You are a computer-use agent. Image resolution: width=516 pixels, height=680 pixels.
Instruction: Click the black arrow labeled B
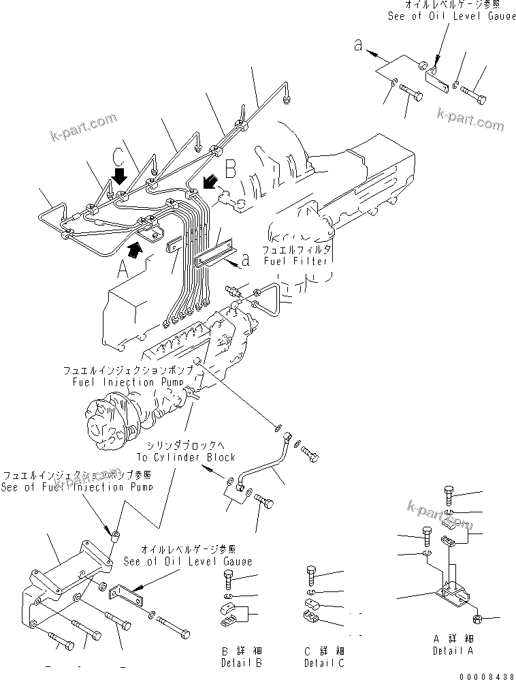pyautogui.click(x=212, y=181)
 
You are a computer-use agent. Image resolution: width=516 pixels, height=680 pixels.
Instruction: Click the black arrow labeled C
pyautogui.click(x=120, y=177)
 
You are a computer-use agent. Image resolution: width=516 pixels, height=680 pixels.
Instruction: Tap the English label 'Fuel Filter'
pyautogui.click(x=297, y=260)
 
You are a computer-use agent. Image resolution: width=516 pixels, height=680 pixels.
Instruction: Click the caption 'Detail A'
pyautogui.click(x=453, y=651)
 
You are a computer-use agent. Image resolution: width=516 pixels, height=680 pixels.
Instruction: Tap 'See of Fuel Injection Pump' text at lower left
pyautogui.click(x=76, y=487)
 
